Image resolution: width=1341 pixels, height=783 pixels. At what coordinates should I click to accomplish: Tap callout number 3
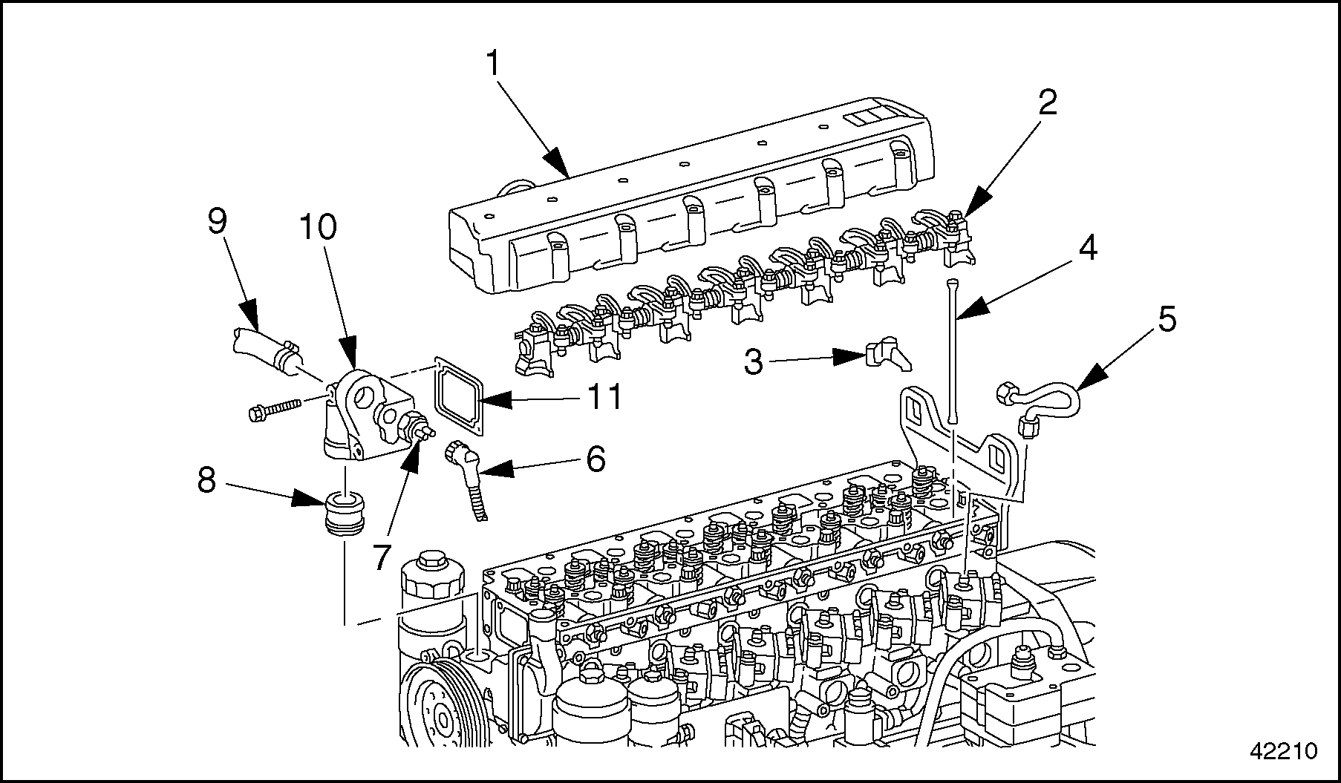[x=753, y=363]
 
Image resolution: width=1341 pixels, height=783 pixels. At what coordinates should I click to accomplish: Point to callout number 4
[x=1087, y=249]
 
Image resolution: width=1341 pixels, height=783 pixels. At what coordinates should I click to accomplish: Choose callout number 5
[x=1167, y=320]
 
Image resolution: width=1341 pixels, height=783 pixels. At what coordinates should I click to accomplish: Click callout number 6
[x=596, y=459]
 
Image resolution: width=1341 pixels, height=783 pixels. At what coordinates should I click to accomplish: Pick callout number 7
[x=381, y=557]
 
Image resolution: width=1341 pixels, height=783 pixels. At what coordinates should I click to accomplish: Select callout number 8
[x=206, y=482]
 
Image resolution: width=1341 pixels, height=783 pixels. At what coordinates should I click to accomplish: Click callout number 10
[x=319, y=227]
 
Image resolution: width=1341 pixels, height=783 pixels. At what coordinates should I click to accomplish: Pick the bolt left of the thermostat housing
[x=274, y=407]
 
